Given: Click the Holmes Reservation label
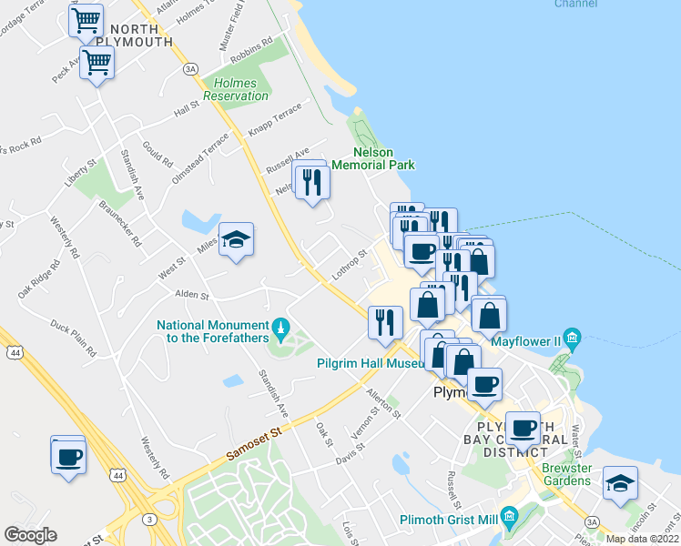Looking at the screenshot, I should pyautogui.click(x=236, y=89).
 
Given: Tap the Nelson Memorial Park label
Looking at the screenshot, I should pyautogui.click(x=373, y=158).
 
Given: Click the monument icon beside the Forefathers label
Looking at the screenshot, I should pyautogui.click(x=281, y=326).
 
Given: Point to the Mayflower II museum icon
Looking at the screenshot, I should pyautogui.click(x=572, y=340).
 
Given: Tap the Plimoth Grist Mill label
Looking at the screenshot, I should pyautogui.click(x=448, y=521).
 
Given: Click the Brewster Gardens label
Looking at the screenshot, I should pyautogui.click(x=566, y=474).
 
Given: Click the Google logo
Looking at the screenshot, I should pyautogui.click(x=30, y=535).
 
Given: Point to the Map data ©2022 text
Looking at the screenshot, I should pyautogui.click(x=642, y=539).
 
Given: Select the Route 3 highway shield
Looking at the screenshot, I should pyautogui.click(x=148, y=519).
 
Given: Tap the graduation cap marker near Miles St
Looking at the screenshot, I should pyautogui.click(x=237, y=240).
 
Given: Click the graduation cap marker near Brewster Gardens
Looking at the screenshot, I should pyautogui.click(x=620, y=483).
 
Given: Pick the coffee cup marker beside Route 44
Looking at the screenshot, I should pyautogui.click(x=68, y=455).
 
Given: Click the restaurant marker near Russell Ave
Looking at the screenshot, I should pyautogui.click(x=311, y=182).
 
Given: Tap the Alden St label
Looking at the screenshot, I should pyautogui.click(x=192, y=295).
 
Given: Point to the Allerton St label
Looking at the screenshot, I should pyautogui.click(x=383, y=401).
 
